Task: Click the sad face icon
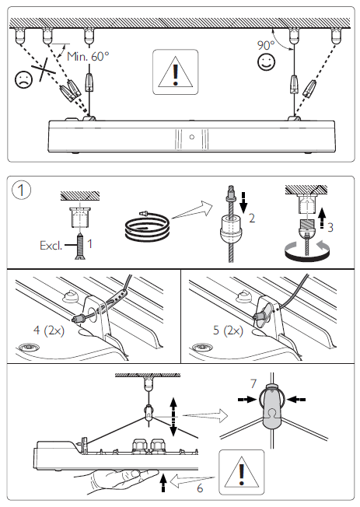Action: tap(24, 79)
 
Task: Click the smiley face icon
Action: tap(266, 61)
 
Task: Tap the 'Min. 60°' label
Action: tap(88, 57)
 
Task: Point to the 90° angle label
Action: tap(266, 45)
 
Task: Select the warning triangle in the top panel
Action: tap(175, 72)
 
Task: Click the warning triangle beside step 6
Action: tap(241, 472)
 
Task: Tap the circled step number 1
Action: tap(21, 190)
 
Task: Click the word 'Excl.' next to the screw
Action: tap(51, 246)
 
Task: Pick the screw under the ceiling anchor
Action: tap(79, 247)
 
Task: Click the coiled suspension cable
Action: tap(146, 229)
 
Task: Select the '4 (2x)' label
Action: tap(49, 330)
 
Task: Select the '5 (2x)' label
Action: tap(228, 330)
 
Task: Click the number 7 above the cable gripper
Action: tap(253, 384)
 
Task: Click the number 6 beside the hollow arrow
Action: tap(200, 488)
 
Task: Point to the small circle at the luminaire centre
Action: tap(192, 137)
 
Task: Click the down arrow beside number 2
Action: tap(243, 201)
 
